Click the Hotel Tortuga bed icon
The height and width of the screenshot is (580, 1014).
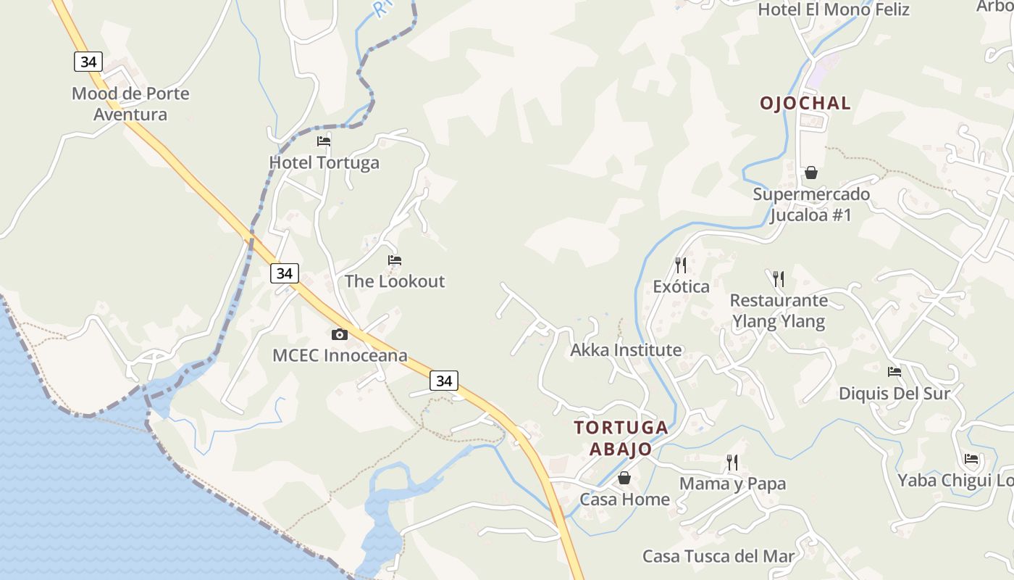tap(324, 141)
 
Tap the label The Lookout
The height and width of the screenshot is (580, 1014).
tap(395, 281)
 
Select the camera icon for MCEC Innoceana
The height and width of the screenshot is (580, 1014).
tap(339, 334)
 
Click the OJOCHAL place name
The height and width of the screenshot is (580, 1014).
tap(805, 103)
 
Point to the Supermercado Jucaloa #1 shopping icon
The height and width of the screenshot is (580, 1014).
tap(811, 173)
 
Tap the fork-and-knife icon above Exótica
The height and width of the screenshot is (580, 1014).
tap(680, 265)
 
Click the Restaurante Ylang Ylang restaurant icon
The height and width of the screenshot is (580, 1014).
tap(779, 278)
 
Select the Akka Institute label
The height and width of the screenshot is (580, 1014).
tap(626, 350)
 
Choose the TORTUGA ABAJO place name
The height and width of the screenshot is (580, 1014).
tap(621, 438)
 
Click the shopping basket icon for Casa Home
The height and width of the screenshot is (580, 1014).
tap(624, 478)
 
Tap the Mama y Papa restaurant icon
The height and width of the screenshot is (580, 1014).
tap(732, 462)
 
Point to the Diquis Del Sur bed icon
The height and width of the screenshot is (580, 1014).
tap(894, 372)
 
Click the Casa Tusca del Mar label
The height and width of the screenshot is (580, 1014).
tap(718, 557)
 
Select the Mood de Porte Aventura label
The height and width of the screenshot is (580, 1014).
tap(130, 104)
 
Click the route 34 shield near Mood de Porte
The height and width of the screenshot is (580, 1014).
tap(88, 62)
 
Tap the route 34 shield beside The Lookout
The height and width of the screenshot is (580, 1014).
tap(285, 273)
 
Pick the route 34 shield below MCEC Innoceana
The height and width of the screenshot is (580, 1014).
tap(444, 380)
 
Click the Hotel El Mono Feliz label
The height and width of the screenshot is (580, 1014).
tap(834, 9)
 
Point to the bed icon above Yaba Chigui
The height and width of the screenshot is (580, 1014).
tap(971, 459)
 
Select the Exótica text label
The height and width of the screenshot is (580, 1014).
tap(681, 286)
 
